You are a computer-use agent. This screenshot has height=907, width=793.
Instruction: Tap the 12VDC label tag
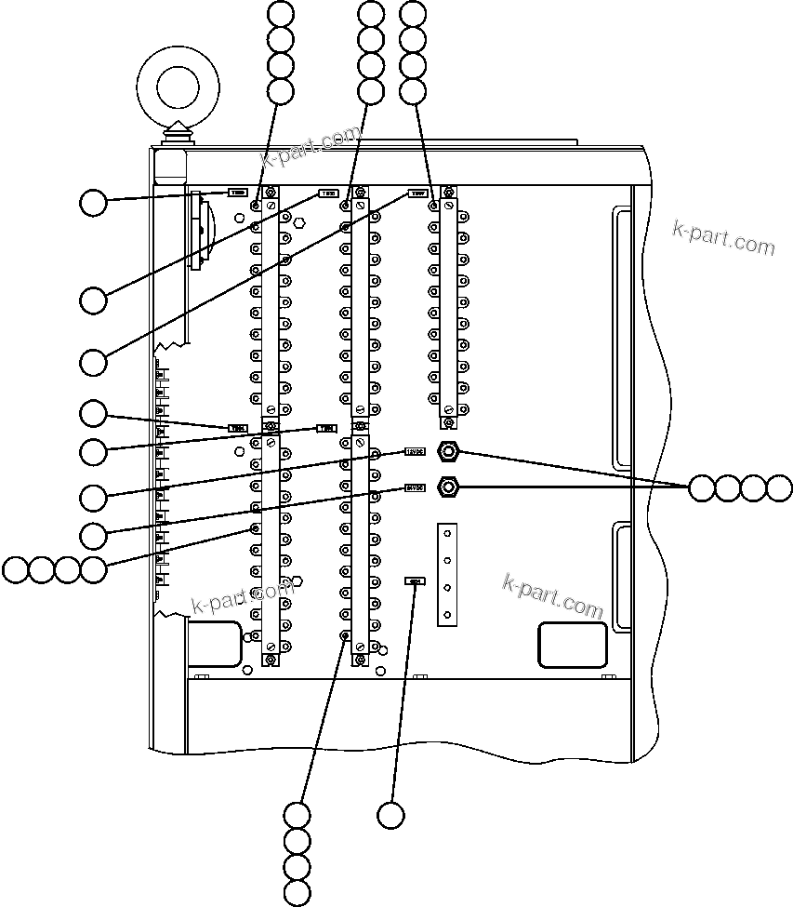pyautogui.click(x=415, y=452)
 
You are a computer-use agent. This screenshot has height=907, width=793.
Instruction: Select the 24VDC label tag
pyautogui.click(x=415, y=487)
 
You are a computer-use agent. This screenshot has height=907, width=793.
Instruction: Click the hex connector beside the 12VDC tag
pyautogui.click(x=448, y=452)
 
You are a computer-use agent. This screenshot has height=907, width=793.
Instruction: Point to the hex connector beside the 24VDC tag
pyautogui.click(x=448, y=486)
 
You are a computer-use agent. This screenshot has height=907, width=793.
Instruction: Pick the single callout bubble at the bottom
pyautogui.click(x=391, y=815)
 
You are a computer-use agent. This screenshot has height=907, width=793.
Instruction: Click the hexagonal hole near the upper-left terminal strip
pyautogui.click(x=299, y=223)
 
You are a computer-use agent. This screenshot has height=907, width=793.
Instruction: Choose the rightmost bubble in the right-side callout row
pyautogui.click(x=779, y=488)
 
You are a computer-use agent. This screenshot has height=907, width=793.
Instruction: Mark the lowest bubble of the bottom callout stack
pyautogui.click(x=297, y=894)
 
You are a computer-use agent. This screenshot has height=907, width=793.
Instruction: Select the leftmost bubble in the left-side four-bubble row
pyautogui.click(x=15, y=569)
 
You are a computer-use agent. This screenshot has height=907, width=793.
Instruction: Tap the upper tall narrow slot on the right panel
pyautogui.click(x=620, y=339)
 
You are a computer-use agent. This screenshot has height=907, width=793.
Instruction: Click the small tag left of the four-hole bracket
pyautogui.click(x=415, y=581)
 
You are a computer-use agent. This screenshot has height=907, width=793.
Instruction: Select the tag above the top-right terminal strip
pyautogui.click(x=416, y=194)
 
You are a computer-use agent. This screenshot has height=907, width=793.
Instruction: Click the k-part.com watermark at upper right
pyautogui.click(x=724, y=239)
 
